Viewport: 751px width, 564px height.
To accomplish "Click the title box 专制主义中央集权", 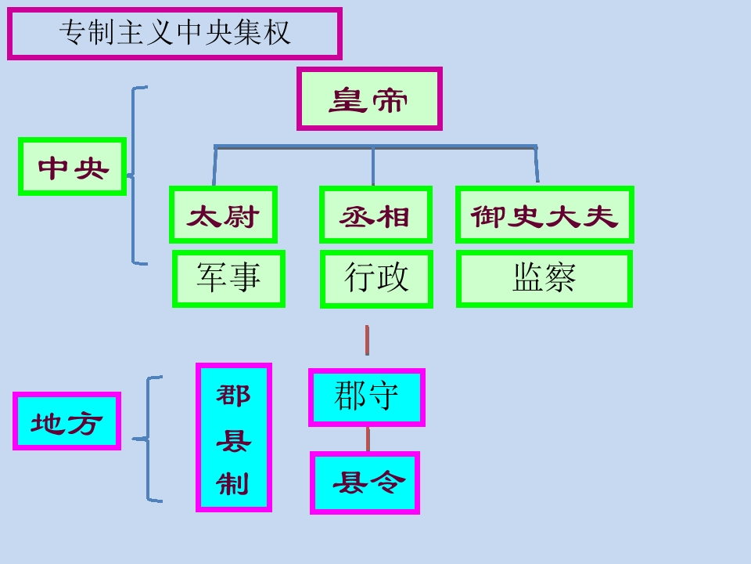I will click(x=174, y=34).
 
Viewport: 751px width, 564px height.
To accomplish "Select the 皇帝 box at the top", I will click(x=369, y=99).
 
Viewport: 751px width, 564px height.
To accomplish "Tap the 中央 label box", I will click(x=73, y=167).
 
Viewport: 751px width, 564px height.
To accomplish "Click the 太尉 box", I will click(x=223, y=215).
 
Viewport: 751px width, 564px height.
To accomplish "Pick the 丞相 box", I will click(x=375, y=215).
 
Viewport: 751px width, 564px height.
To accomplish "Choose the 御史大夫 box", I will click(x=544, y=215).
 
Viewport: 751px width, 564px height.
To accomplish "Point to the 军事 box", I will click(x=228, y=278).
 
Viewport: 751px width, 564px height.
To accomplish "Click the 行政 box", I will click(x=376, y=278).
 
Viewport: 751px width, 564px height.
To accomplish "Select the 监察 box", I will click(x=544, y=278).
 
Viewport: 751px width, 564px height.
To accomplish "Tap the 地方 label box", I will click(x=67, y=421).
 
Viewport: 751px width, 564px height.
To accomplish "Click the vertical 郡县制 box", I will click(x=234, y=437).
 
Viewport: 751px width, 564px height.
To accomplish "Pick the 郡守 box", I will click(x=367, y=397).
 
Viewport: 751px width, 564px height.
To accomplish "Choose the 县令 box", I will click(x=365, y=483).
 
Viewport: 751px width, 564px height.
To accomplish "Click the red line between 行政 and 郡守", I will click(x=367, y=340).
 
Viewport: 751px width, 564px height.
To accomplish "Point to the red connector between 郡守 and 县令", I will click(x=368, y=439).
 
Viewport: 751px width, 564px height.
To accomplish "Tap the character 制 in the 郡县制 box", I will click(x=233, y=483).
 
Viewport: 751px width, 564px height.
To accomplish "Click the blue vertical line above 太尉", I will click(x=214, y=165).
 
